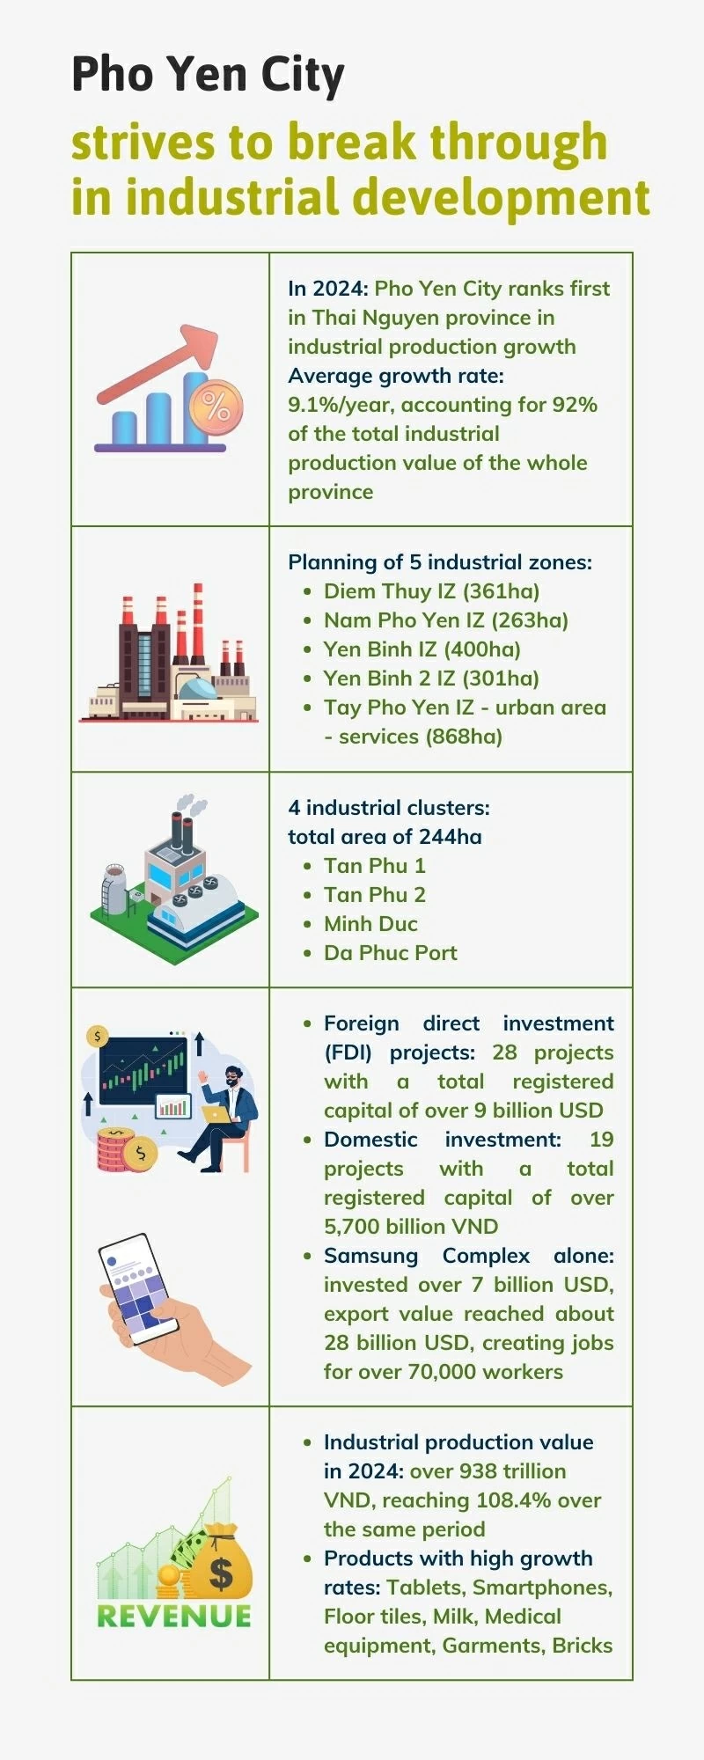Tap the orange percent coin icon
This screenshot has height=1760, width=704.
(216, 406)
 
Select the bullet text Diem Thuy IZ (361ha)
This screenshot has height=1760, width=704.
(431, 591)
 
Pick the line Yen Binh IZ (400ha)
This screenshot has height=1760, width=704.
(422, 649)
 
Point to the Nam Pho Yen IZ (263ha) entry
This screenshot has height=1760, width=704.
(445, 620)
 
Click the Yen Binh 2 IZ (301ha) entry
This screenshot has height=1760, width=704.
(431, 678)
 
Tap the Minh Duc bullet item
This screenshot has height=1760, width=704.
(370, 924)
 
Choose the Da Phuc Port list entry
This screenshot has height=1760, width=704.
(390, 953)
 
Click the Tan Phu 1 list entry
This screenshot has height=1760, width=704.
(374, 866)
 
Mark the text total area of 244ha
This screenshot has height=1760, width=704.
(385, 837)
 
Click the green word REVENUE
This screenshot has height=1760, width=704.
(174, 1617)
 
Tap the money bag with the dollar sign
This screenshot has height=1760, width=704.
(221, 1562)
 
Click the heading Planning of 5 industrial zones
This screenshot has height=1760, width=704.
(440, 562)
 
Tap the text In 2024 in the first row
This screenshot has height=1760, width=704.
(328, 289)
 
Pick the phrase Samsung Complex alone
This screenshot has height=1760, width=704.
(469, 1256)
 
